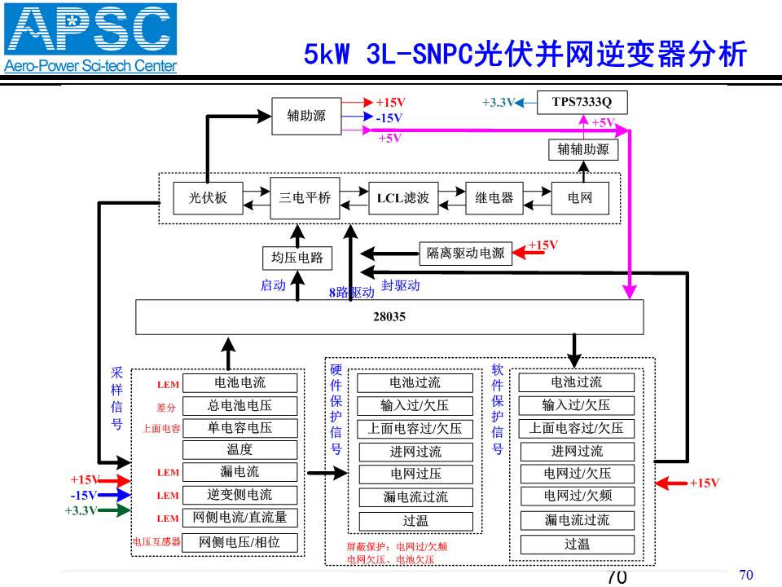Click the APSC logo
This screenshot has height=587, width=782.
click(90, 38)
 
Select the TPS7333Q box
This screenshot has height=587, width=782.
click(582, 103)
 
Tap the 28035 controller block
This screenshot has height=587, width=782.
click(389, 317)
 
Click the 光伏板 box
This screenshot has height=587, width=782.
click(208, 198)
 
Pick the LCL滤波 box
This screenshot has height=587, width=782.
click(403, 198)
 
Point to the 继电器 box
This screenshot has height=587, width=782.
click(494, 198)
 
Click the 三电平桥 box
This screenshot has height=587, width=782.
click(305, 198)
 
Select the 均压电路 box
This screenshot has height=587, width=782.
click(297, 258)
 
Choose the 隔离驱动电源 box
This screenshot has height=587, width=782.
click(465, 253)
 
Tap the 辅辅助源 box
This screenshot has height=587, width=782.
click(583, 150)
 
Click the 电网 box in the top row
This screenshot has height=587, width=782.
click(580, 198)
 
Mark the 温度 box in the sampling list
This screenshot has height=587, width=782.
click(239, 450)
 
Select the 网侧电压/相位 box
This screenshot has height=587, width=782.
click(239, 542)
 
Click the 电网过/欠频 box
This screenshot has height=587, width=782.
click(578, 497)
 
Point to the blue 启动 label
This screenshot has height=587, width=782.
click(273, 285)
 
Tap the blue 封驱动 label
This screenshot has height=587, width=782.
click(401, 285)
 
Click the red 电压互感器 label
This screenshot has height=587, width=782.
click(156, 541)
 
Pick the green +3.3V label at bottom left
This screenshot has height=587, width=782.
click(81, 510)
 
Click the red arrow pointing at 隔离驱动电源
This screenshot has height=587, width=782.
click(529, 253)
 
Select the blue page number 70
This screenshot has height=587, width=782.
click(746, 575)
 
